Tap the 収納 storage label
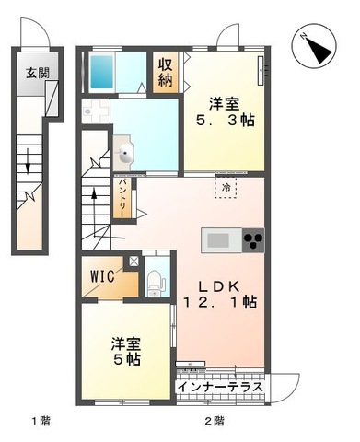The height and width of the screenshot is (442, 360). pos(165,72)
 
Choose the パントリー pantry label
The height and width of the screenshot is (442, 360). pos(121,198)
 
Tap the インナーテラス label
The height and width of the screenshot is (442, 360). pos(221,386)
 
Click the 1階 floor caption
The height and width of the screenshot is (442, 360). pos(39,421)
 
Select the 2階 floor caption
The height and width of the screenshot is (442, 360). pos(215,421)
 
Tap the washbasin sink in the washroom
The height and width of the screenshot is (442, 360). pos(125,153)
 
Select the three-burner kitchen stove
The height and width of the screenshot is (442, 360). pos(251,239)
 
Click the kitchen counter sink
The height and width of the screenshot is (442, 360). pos(219,240)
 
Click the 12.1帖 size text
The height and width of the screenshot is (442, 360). pos(230,303)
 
